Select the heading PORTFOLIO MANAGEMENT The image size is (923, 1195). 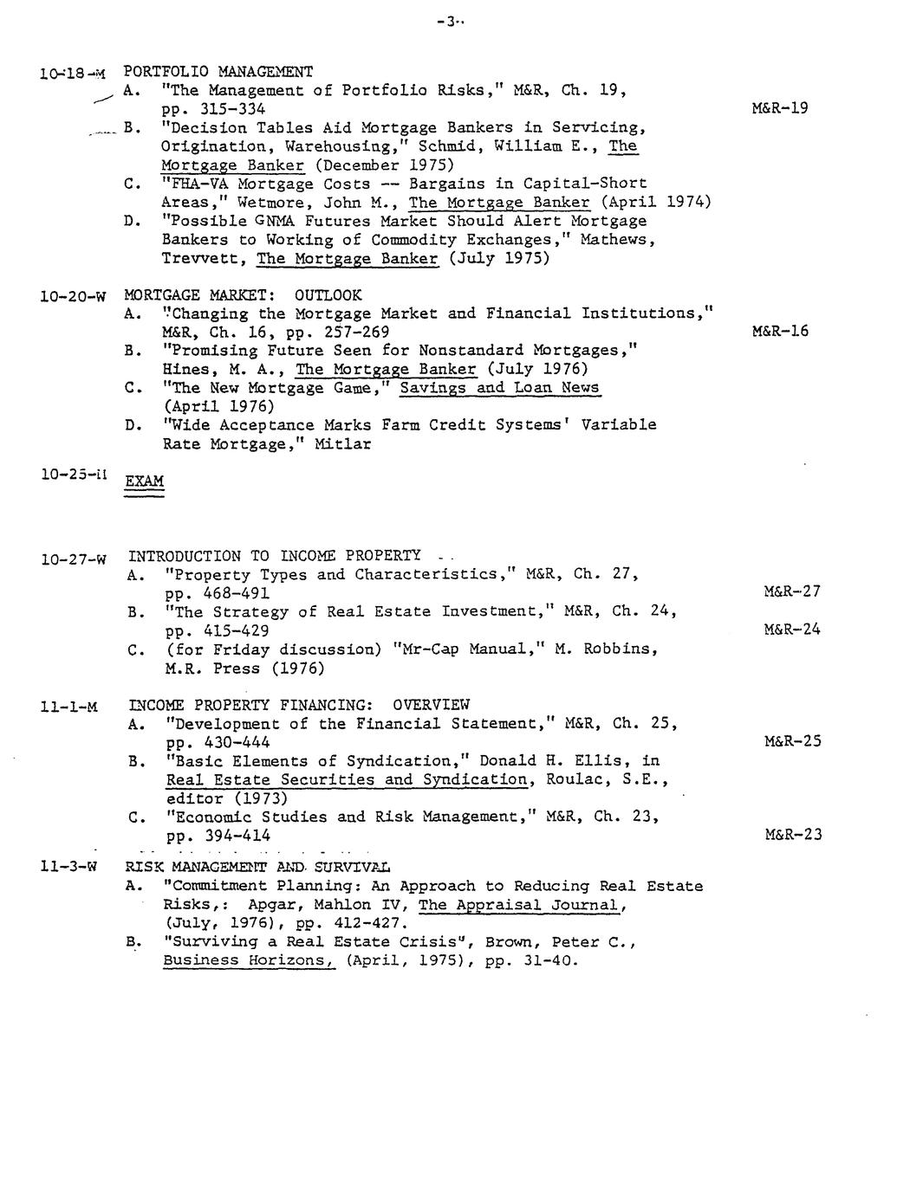(x=218, y=72)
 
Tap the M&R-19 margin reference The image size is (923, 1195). (x=780, y=108)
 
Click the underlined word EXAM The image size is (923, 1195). (x=145, y=481)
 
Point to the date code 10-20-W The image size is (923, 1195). (x=73, y=296)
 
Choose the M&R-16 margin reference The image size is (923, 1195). (x=780, y=331)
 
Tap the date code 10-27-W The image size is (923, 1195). (x=73, y=559)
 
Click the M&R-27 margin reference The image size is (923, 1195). (x=791, y=592)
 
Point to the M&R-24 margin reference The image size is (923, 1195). (x=791, y=630)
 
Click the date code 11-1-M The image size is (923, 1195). (x=68, y=707)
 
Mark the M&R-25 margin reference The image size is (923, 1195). (x=792, y=741)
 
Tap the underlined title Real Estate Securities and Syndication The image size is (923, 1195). (x=347, y=779)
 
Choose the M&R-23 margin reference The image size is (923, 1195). (x=792, y=835)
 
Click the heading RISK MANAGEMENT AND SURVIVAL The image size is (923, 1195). (x=257, y=867)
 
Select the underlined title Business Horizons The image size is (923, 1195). (x=249, y=960)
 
